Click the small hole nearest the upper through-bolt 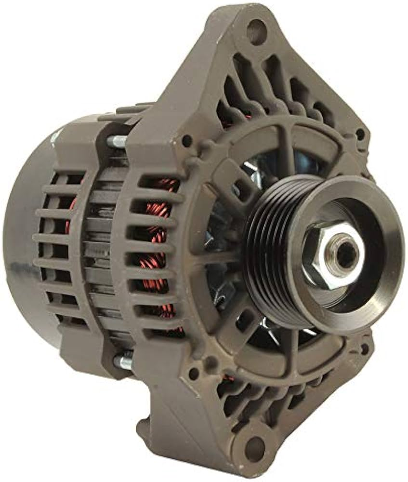pos(187,141)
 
